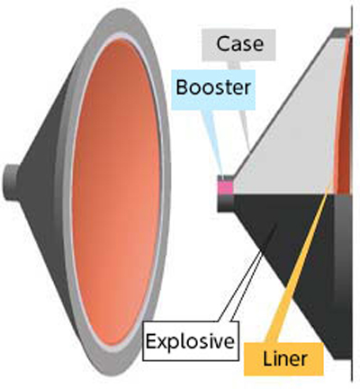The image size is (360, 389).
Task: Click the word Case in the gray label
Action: point(239,44)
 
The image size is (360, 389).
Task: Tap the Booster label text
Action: point(213,87)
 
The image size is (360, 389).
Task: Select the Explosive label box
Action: point(191,340)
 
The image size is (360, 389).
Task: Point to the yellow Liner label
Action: point(284,358)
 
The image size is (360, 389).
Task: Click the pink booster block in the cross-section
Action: point(225,188)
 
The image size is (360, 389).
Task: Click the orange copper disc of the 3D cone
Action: point(116,192)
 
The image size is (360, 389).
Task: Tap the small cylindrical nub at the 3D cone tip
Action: point(10,183)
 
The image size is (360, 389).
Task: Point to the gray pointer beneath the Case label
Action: point(243,105)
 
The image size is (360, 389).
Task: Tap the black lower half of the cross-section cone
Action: point(288,255)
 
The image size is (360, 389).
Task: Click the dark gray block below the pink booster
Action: point(225,204)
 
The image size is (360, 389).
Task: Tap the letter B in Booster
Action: point(182,87)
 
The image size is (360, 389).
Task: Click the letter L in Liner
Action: point(267,358)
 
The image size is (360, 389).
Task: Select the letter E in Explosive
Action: point(151,341)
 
